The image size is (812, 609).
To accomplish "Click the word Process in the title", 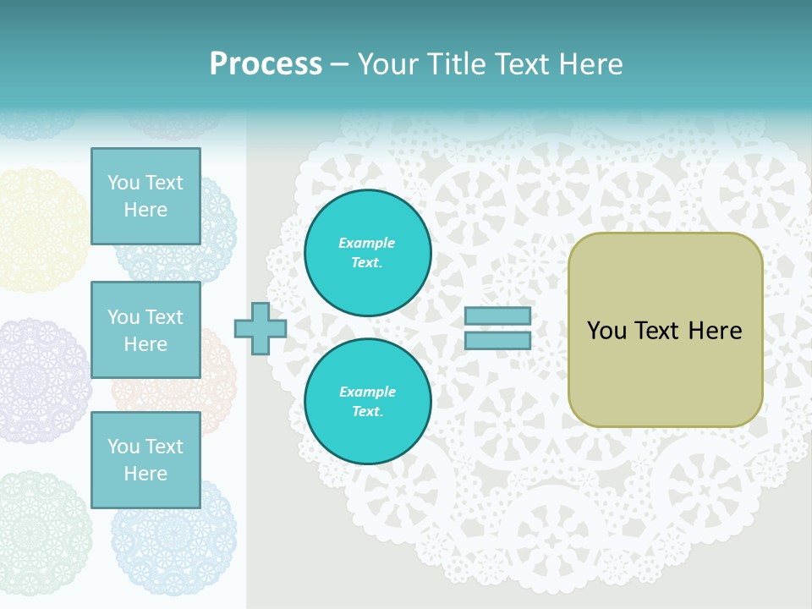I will click(x=266, y=64).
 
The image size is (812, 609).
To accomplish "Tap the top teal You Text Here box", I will click(x=145, y=196).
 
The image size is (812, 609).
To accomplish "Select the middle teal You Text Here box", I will click(x=145, y=330).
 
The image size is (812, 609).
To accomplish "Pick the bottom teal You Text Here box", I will click(x=145, y=459).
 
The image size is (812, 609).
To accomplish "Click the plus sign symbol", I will click(x=260, y=328).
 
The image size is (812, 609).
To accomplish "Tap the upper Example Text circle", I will click(x=367, y=253).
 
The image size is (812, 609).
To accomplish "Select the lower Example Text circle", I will click(x=367, y=402).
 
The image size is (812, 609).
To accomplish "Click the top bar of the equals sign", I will click(x=497, y=316).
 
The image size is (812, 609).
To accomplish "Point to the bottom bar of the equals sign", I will click(x=497, y=341).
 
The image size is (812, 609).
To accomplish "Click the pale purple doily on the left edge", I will click(x=38, y=381).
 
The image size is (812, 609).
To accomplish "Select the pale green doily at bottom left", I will click(x=38, y=533).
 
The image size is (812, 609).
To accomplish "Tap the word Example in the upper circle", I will click(x=367, y=244).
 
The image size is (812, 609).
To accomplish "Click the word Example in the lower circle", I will click(x=367, y=392).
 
